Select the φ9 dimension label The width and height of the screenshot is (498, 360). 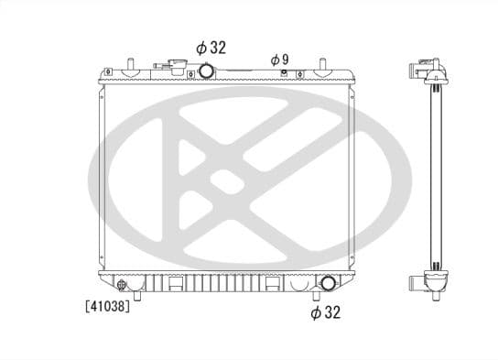pyautogui.click(x=279, y=59)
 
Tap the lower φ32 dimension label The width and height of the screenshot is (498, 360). pyautogui.click(x=325, y=312)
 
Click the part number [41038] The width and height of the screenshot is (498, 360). pyautogui.click(x=108, y=307)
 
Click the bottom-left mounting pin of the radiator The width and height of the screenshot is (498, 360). pyautogui.click(x=137, y=294)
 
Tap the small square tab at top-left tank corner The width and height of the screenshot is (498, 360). pyautogui.click(x=109, y=71)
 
